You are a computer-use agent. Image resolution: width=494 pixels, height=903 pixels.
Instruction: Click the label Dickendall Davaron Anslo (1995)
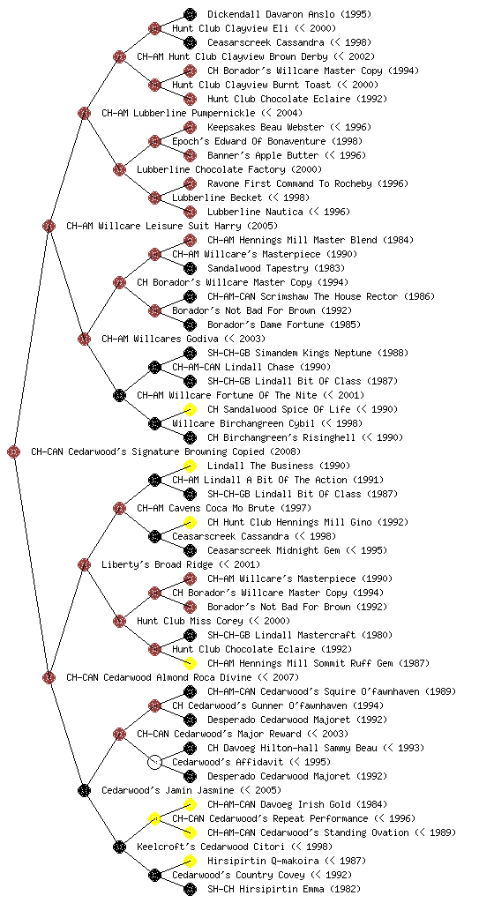289,14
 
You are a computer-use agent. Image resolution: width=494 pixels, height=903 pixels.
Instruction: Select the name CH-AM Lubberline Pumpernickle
178,113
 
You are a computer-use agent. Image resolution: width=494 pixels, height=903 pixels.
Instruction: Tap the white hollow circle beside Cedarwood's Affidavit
154,762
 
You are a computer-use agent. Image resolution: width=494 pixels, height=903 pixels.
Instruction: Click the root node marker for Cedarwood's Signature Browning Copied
14,451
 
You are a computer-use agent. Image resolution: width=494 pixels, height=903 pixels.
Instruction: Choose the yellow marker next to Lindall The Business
190,466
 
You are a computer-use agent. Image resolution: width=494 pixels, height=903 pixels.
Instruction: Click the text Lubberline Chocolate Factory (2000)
229,169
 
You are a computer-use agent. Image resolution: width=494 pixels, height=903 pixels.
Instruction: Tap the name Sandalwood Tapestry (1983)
276,268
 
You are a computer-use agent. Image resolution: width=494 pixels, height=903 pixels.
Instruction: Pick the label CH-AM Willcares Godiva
160,339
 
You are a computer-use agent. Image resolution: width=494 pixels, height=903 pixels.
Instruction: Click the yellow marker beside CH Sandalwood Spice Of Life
190,409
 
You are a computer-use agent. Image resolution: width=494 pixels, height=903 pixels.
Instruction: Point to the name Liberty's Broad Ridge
157,564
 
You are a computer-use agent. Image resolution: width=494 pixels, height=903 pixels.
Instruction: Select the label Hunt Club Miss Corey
190,621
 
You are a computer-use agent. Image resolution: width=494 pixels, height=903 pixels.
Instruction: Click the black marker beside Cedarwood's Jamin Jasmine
84,790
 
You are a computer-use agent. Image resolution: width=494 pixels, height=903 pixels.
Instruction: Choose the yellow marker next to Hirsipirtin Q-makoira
190,861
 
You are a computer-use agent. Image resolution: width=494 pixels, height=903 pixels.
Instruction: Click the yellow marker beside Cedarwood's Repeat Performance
154,818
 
